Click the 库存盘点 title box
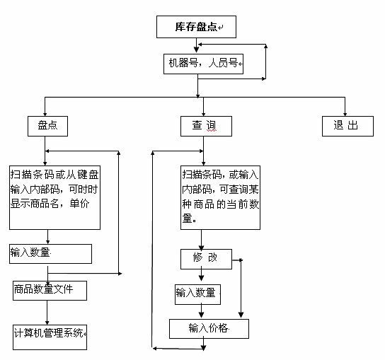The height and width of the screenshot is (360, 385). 196,27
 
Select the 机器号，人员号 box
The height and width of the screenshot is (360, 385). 203,64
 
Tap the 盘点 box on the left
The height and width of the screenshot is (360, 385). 47,126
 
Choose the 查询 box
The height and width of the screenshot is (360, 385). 206,126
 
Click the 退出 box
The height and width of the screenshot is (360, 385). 347,126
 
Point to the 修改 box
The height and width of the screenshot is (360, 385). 206,259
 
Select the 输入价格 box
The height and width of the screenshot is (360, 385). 209,329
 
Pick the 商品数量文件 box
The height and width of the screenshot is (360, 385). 50,291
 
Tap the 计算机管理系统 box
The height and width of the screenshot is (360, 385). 50,337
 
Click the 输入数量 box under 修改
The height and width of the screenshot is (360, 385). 197,294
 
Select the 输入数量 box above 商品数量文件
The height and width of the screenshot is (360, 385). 50,254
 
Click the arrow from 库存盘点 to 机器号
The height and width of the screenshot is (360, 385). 196,45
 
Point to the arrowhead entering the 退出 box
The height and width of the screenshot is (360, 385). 345,114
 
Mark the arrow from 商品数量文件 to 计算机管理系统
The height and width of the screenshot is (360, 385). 47,313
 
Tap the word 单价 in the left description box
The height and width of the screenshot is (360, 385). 79,204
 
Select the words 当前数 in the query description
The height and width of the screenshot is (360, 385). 242,204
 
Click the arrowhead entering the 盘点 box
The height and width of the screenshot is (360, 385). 45,114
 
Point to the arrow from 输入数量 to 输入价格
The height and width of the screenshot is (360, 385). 201,311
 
